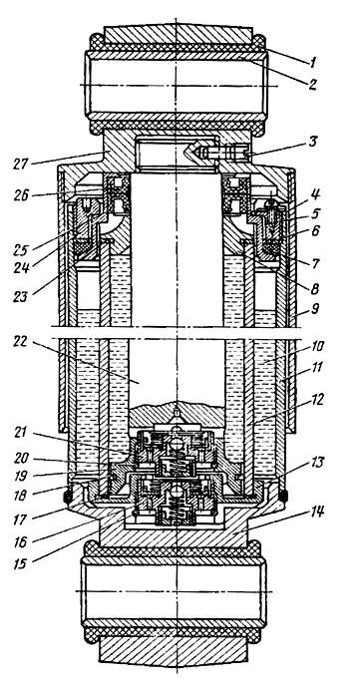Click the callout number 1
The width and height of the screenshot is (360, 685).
313,62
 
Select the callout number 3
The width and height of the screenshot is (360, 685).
314,142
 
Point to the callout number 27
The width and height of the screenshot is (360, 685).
20,164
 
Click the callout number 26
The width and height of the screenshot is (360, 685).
19,195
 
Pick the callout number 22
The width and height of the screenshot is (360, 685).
19,342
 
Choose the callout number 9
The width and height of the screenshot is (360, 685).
315,309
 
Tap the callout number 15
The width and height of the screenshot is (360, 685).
20,563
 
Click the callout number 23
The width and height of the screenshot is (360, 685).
20,297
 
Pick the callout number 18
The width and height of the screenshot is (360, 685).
20,495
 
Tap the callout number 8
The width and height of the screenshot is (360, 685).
314,288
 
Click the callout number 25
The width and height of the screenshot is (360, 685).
19,250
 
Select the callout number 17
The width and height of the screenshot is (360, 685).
20,519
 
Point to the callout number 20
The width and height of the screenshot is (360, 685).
20,458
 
